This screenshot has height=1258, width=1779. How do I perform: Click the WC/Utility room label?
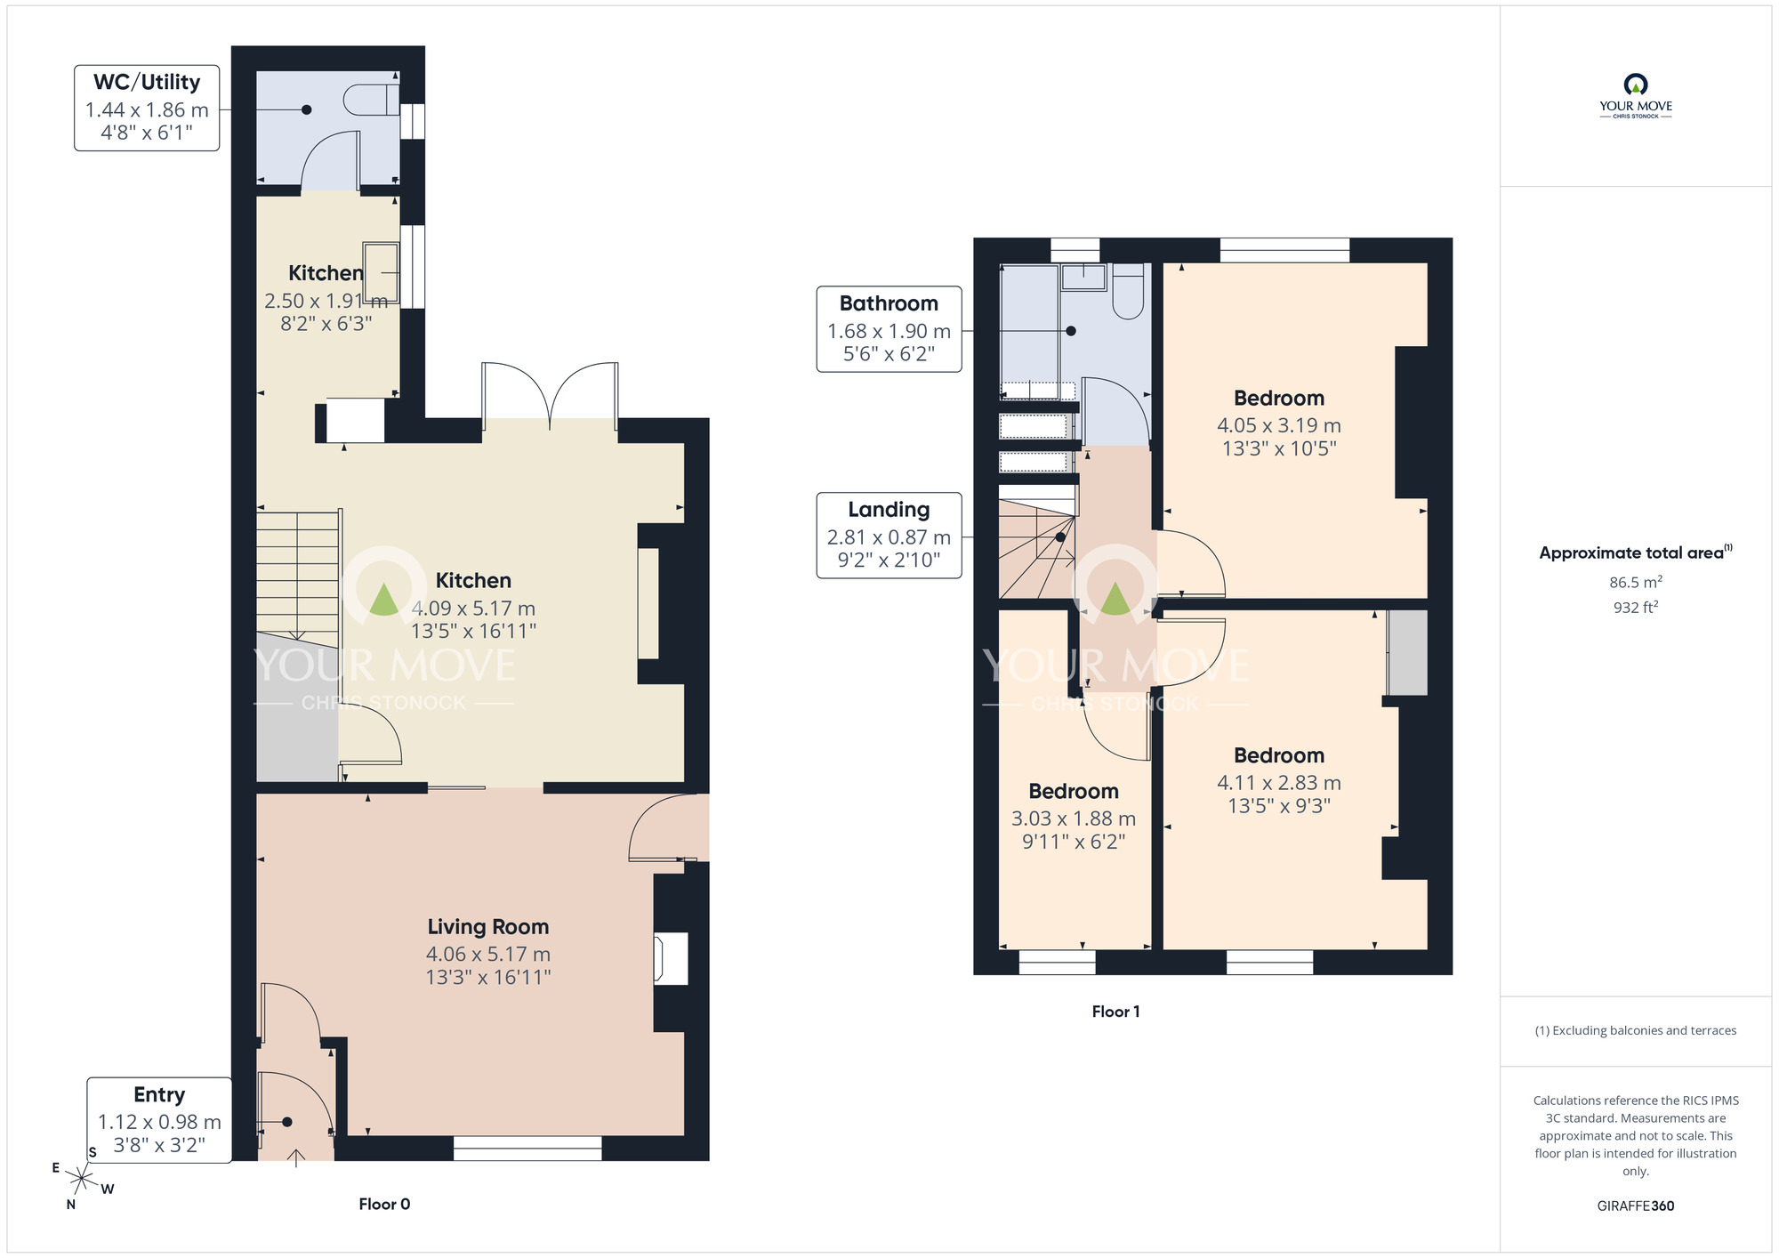coord(147,83)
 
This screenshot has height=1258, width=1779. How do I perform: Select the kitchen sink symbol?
coord(381,272)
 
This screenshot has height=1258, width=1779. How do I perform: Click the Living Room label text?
coord(487,927)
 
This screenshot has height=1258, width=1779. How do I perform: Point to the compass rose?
coord(81,1181)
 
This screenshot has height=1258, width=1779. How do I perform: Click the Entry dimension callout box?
coord(159,1119)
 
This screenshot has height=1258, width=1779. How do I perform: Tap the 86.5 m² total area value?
coord(1635,583)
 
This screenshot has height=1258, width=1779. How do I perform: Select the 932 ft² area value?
coord(1635,608)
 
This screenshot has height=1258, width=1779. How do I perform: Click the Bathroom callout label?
coord(889,303)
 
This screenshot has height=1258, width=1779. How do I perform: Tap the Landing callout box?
coord(889,535)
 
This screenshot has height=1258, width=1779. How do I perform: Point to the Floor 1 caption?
coord(1115,1012)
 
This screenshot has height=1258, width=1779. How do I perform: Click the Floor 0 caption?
coord(384,1205)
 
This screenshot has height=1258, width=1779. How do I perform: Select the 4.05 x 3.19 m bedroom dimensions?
coord(1278,426)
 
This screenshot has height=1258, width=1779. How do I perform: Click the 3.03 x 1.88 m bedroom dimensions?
coord(1073,819)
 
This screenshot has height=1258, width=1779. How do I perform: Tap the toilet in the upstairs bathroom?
coord(1128,292)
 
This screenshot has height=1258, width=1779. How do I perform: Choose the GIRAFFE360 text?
coord(1635,1206)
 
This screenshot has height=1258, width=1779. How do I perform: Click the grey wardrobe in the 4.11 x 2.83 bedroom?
coord(1407,652)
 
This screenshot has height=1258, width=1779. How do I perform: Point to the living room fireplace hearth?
coord(672,958)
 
